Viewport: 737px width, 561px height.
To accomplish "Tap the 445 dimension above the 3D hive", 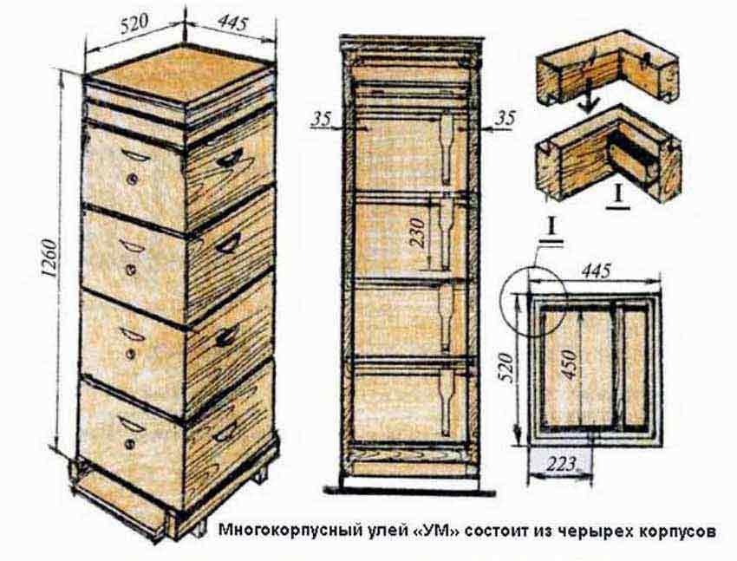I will pyautogui.click(x=232, y=22).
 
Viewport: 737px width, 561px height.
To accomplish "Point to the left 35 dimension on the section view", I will pyautogui.click(x=322, y=119).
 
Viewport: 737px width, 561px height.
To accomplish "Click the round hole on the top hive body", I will pyautogui.click(x=133, y=179).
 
